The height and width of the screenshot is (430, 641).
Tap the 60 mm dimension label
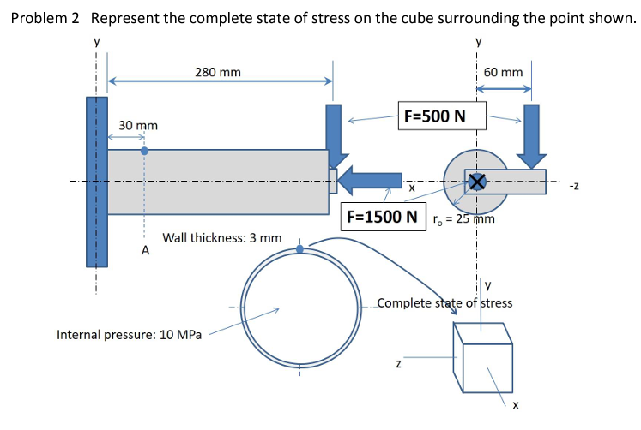point(503,72)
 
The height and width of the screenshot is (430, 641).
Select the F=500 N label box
point(434,115)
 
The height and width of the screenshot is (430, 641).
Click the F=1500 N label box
point(384,216)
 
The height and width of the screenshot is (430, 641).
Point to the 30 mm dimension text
point(138,126)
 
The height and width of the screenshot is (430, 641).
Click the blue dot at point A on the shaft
point(144,150)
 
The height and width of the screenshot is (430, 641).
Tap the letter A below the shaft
point(145,251)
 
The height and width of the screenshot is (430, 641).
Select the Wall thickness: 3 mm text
point(221,237)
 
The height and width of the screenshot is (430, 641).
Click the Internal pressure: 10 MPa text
point(130,334)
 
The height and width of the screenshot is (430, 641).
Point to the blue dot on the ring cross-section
point(299,249)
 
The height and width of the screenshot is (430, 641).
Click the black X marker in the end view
point(476,181)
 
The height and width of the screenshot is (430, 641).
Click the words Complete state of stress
point(445,302)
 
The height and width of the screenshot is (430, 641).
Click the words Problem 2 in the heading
point(46,19)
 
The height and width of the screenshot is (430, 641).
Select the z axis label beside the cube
point(398,366)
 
